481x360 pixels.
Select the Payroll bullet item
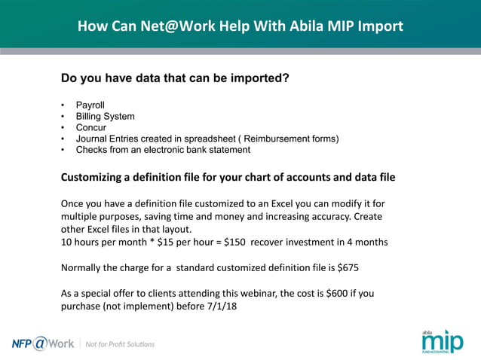click(x=90, y=105)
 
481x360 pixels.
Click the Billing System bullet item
click(x=105, y=116)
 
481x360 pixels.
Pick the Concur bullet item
click(x=91, y=127)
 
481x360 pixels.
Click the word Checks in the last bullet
click(x=91, y=150)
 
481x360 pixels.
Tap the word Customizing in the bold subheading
click(x=96, y=178)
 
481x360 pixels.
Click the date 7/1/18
click(x=219, y=307)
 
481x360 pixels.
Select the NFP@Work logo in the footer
click(x=43, y=343)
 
